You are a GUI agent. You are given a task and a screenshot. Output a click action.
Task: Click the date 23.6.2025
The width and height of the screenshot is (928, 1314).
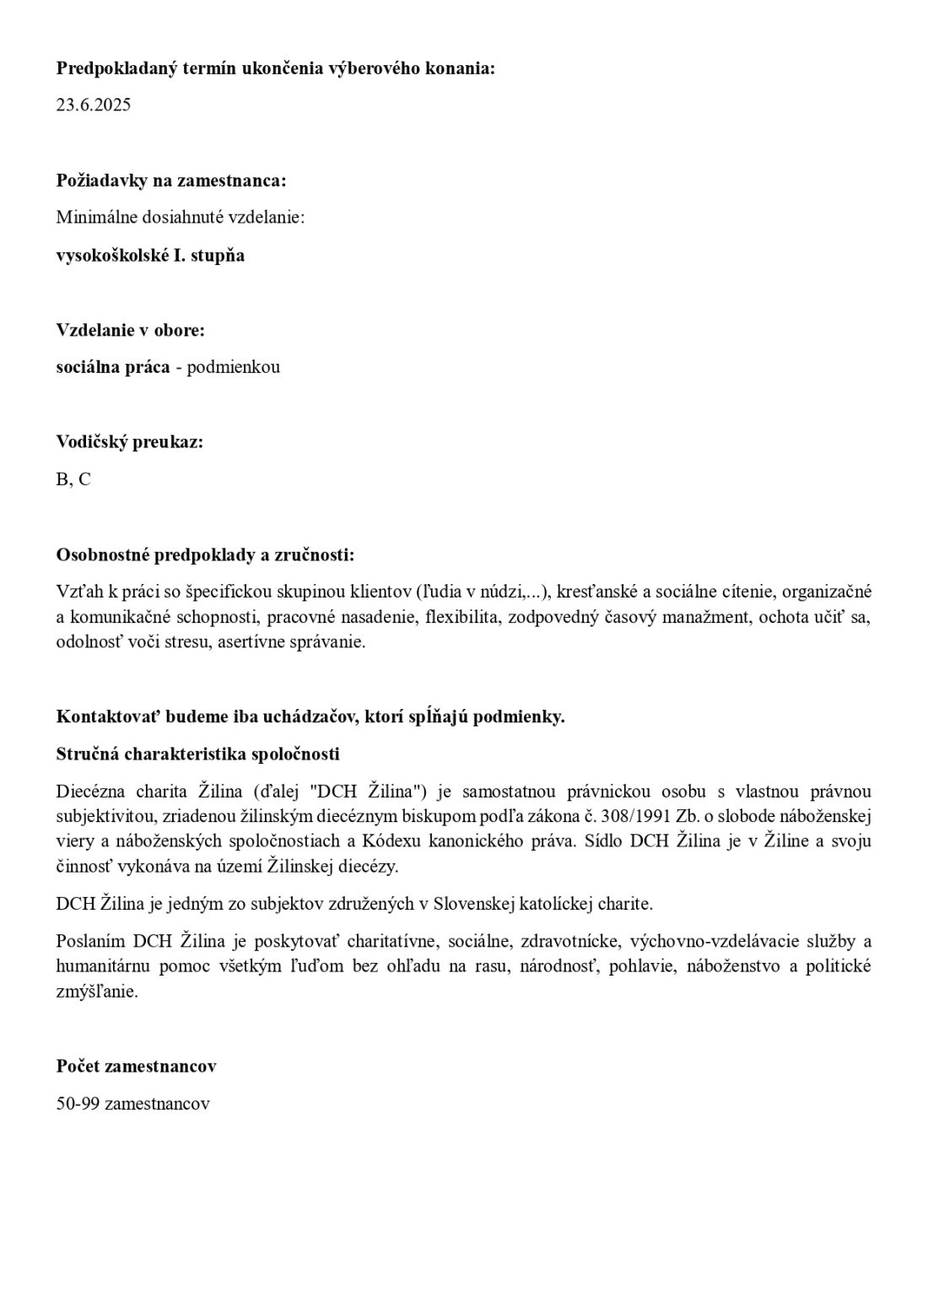coord(94,105)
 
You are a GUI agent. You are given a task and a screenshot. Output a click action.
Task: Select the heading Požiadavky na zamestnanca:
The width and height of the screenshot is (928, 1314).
coord(171,180)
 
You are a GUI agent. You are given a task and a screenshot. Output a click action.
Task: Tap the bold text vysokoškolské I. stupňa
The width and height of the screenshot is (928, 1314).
coord(150,255)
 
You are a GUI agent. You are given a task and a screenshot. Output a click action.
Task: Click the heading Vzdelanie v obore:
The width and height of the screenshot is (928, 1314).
coord(131,329)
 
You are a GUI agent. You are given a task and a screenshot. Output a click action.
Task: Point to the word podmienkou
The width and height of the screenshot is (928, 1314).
coord(234,367)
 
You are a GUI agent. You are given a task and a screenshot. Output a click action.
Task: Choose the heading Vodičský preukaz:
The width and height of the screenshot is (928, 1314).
coord(130,441)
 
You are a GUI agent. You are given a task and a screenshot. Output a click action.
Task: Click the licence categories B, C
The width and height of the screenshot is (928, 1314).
coord(73,479)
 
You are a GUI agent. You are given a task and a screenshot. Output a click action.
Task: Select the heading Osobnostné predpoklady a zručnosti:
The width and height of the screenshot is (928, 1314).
coord(205,554)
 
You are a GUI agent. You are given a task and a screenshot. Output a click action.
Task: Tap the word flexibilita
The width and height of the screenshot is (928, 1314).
coord(464,617)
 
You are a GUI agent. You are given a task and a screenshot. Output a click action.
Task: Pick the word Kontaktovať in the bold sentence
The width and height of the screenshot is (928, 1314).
coord(108,716)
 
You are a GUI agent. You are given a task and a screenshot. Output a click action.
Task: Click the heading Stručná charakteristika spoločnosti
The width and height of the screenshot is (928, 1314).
coord(198,754)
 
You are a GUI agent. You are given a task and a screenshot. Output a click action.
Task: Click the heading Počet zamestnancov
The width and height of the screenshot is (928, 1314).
coord(137,1066)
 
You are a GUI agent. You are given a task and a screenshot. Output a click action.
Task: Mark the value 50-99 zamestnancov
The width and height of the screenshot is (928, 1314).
coord(133,1104)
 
